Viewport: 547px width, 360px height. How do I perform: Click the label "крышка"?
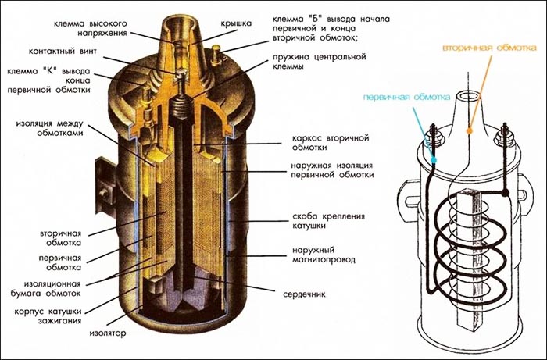(235, 23)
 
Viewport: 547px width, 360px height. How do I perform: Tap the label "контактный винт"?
(63, 52)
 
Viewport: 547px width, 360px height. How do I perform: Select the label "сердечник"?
(304, 294)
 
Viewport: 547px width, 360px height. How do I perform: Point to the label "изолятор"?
(108, 333)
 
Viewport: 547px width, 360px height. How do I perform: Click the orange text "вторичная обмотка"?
(489, 48)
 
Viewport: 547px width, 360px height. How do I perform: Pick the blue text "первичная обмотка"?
(406, 97)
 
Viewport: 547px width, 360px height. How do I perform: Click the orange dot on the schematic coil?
(470, 130)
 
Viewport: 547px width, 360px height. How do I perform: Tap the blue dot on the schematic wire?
(434, 160)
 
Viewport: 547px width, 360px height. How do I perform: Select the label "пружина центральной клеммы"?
(319, 61)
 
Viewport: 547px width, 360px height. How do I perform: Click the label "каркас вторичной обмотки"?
(330, 143)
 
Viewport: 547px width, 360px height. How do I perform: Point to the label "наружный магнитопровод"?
(324, 255)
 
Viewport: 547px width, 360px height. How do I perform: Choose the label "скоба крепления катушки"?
(328, 220)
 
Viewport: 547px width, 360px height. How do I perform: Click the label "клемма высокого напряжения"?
(90, 28)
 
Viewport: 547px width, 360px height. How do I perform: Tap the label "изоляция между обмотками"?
(49, 128)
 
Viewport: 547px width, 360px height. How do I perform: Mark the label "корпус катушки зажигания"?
(48, 315)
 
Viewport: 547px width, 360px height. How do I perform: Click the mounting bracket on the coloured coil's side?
(105, 185)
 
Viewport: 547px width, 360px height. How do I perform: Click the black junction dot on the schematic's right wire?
(505, 193)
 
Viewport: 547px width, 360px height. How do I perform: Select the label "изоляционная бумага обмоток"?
(52, 289)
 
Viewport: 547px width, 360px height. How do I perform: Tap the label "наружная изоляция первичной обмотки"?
(332, 169)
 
